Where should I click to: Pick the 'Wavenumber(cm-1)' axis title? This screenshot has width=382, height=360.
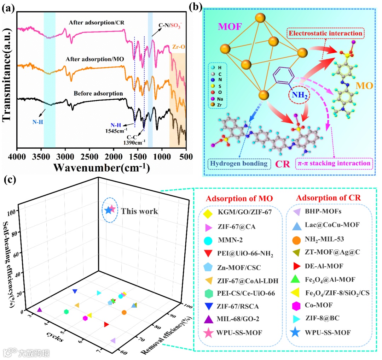tap(101, 167)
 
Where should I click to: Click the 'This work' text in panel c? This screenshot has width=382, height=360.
tap(140, 211)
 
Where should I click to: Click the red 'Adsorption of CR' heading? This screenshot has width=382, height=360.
tap(327, 198)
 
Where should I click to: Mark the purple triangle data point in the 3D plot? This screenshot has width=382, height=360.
tap(40, 310)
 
